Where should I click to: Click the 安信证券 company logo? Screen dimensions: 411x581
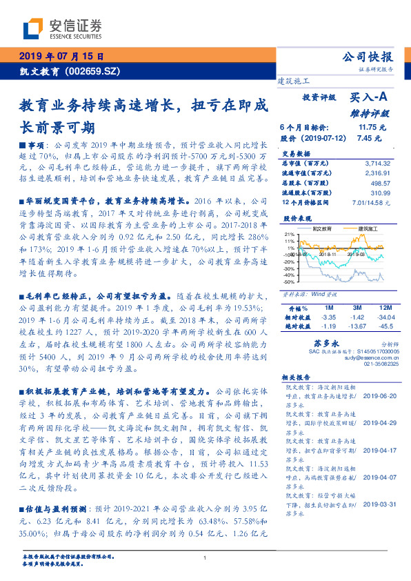point(61,28)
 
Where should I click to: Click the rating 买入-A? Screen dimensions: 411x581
point(370,99)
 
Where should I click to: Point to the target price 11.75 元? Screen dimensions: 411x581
point(372,128)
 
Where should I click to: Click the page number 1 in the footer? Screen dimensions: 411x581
point(205,558)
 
